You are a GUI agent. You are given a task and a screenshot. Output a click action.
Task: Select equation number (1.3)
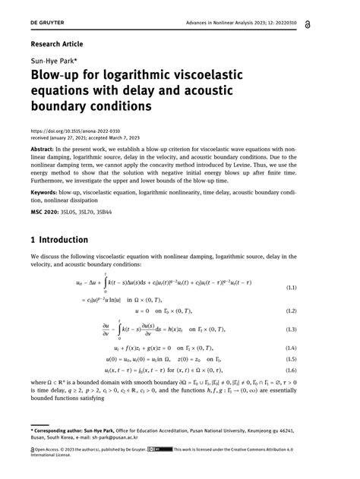coord(332,329)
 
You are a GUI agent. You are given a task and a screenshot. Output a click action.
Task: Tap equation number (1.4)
coord(332,347)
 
